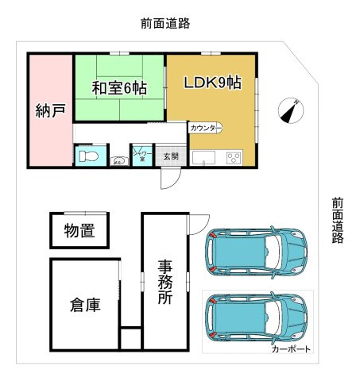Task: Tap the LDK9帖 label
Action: coord(213,83)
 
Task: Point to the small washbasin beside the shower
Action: coord(118,160)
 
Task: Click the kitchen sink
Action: coord(203,156)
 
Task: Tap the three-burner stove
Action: coord(234,156)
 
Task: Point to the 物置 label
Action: coord(79,231)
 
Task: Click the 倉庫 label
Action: coord(85,304)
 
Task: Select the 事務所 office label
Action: coord(165,282)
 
